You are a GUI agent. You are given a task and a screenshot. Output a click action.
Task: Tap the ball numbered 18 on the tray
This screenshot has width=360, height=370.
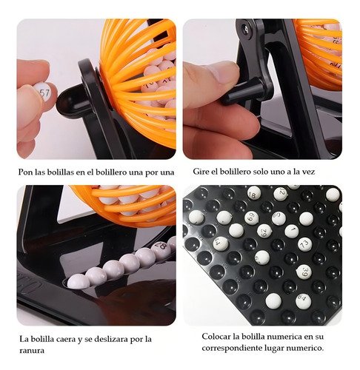coord(254,193)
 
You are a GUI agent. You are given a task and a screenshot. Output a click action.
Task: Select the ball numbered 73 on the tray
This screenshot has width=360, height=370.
coord(305,244)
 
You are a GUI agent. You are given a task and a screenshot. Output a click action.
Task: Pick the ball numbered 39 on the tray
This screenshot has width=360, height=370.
coord(304,272)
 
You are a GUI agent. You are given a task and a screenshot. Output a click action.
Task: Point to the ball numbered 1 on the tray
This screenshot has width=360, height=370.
coord(292,231)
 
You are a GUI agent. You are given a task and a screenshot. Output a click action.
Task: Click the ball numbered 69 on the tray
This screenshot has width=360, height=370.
coord(252,218)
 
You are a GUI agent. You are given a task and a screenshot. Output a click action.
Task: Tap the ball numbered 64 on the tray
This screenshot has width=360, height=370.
coord(303,301)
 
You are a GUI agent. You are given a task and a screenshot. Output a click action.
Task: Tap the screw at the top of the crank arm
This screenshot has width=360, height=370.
coord(246,28)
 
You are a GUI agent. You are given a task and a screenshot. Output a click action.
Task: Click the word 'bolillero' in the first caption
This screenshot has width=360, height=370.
coord(111,172)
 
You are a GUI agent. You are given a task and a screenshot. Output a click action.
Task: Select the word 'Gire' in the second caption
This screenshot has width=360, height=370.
coord(201,172)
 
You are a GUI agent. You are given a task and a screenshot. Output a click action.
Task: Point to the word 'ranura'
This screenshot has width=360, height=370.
coord(32,350)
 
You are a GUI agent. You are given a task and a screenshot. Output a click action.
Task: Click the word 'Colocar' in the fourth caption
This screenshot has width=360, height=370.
coord(216,336)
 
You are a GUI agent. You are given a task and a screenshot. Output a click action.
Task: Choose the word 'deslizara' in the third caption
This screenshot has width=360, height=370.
coord(109,339)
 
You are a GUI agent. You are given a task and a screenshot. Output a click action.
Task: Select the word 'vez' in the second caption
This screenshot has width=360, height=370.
coord(309,172)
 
